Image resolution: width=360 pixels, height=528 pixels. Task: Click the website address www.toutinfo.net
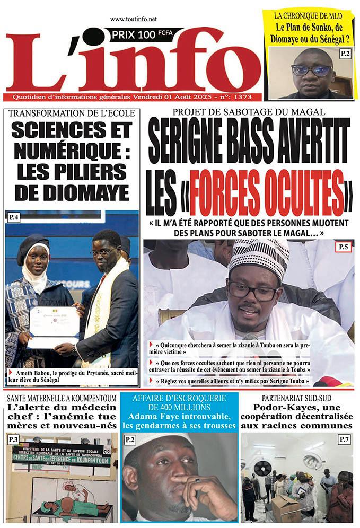(x=134, y=19)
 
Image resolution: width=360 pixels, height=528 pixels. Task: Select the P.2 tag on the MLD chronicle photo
(x=345, y=53)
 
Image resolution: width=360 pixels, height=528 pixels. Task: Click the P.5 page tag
(x=343, y=246)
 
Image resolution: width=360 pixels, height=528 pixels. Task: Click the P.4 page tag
(x=14, y=217)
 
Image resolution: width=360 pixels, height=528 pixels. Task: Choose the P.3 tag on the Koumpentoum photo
(x=14, y=439)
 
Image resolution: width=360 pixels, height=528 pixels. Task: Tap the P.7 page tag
(x=344, y=439)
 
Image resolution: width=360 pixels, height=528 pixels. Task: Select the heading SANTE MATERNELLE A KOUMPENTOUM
(x=59, y=398)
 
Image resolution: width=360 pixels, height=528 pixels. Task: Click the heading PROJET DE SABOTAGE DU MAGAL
(x=249, y=112)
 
